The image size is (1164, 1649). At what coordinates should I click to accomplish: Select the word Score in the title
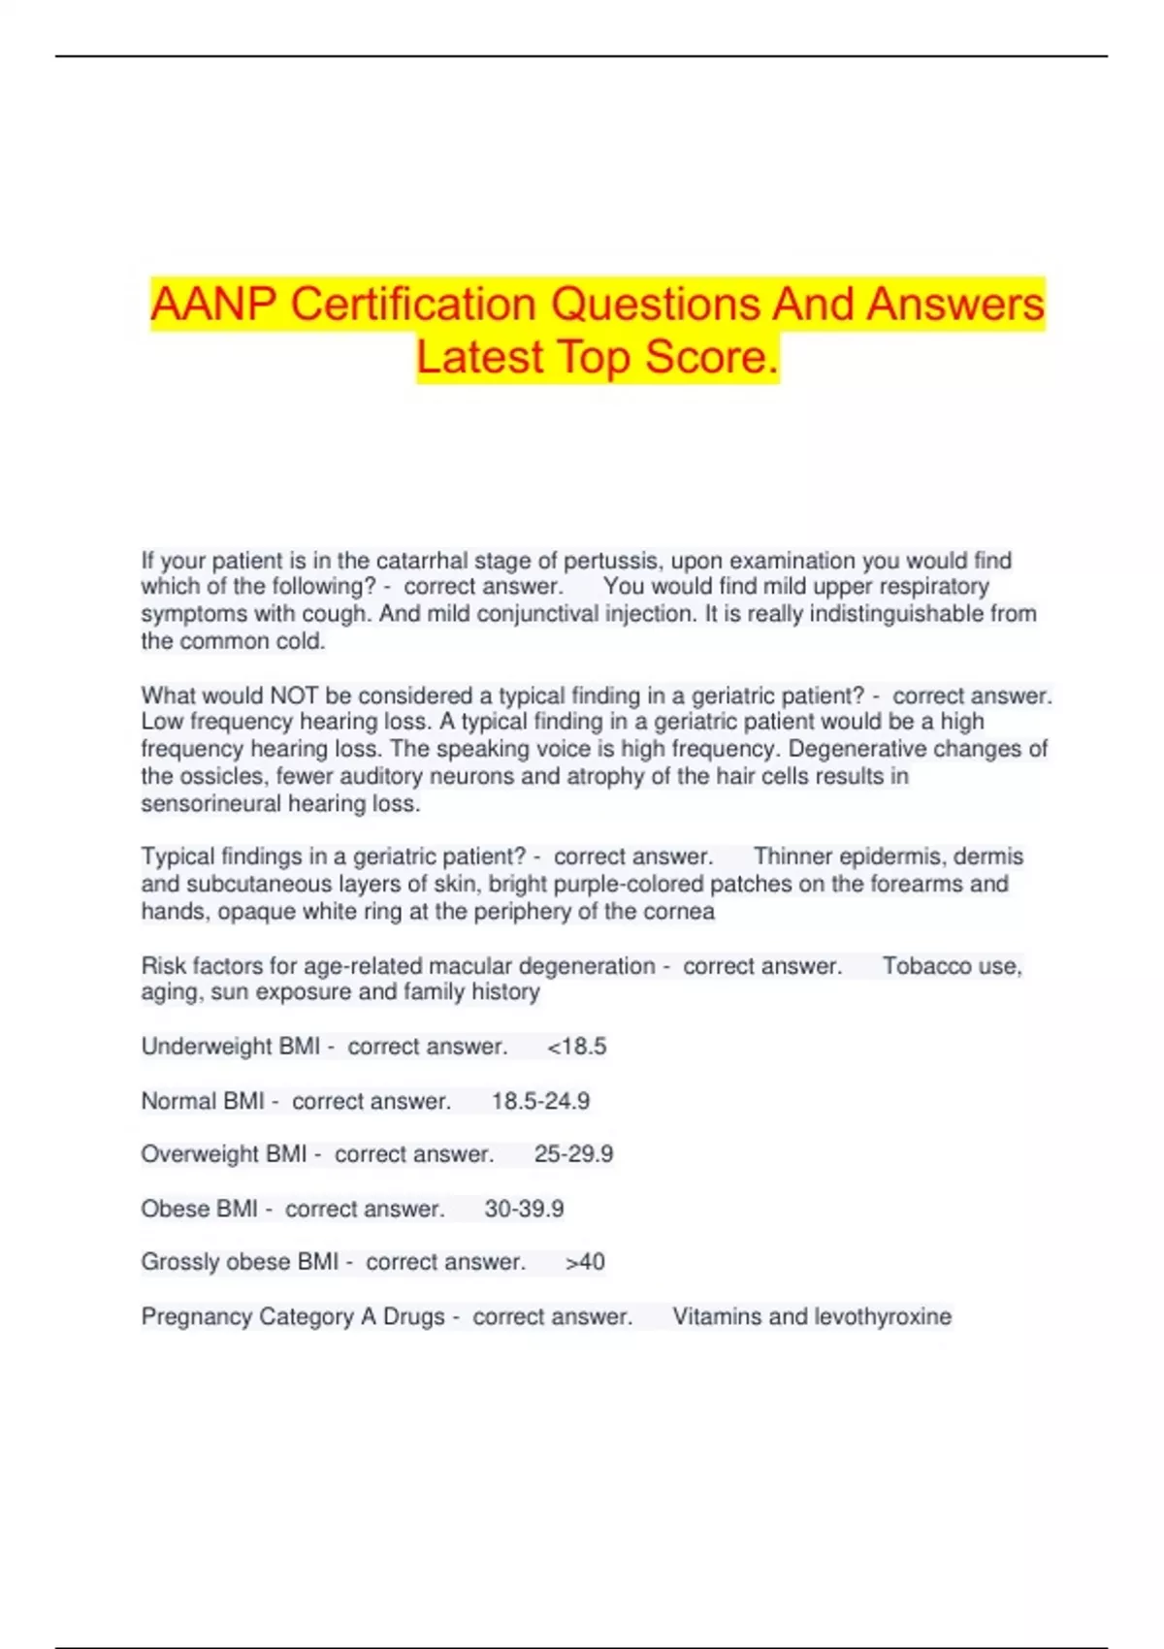pos(711,357)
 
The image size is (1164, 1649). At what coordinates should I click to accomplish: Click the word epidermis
pos(891,857)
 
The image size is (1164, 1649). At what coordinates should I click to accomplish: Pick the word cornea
pos(683,912)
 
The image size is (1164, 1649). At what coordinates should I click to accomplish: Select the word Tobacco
pos(921,966)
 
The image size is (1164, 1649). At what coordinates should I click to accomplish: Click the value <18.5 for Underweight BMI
pos(577,1047)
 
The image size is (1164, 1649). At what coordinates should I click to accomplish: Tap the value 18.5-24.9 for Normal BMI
pos(540,1101)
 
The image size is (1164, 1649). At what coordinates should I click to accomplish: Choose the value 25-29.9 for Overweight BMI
pos(573,1154)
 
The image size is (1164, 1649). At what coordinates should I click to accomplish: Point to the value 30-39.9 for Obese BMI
pos(524,1209)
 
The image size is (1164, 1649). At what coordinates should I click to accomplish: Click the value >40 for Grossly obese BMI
pos(585,1262)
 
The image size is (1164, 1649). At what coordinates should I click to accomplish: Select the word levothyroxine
pos(882,1316)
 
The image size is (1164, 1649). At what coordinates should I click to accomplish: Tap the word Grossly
pos(176,1262)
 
